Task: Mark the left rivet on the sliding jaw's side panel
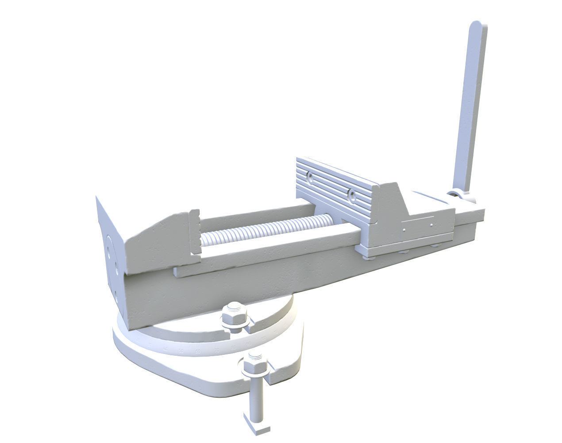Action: [404, 230]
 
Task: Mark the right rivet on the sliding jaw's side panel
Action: [431, 225]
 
